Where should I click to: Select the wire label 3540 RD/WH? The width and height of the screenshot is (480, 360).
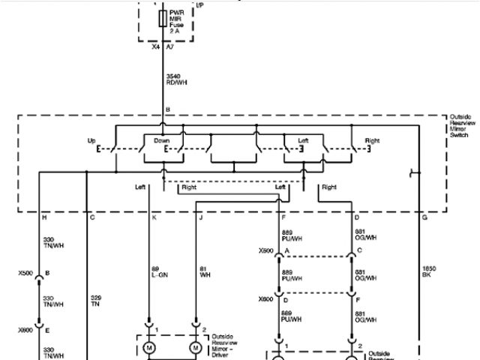tap(176, 79)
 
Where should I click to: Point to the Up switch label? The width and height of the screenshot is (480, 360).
tap(91, 140)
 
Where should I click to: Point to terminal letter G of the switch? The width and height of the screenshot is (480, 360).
tap(424, 217)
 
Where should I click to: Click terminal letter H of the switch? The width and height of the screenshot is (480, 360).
tap(45, 217)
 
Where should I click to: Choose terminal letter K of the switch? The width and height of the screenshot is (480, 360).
tap(154, 217)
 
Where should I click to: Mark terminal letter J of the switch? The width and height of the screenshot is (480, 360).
tap(200, 217)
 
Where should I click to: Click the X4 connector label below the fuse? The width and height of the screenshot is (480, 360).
tap(157, 46)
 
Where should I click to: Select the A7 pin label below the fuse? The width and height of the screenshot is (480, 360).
tap(171, 46)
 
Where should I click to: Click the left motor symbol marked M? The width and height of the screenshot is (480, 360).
tap(148, 348)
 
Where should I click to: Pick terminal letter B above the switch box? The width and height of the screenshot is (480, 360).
tap(168, 109)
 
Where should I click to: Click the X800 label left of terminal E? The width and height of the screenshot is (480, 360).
tap(25, 329)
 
